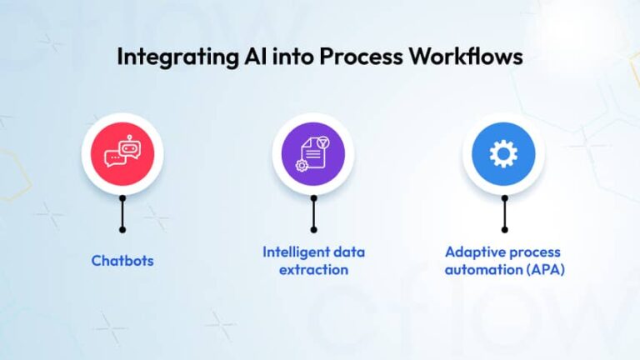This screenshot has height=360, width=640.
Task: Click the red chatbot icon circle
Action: click(x=122, y=154)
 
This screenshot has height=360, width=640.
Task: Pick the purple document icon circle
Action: click(x=313, y=154)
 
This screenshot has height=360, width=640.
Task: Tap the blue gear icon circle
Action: click(x=503, y=154)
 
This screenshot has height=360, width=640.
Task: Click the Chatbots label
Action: click(x=122, y=261)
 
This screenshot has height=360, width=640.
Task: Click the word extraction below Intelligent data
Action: click(x=313, y=270)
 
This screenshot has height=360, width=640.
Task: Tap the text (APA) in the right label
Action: click(x=544, y=270)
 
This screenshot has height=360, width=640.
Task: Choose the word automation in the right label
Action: click(x=486, y=270)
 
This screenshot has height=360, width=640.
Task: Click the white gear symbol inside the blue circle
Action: click(x=503, y=154)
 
